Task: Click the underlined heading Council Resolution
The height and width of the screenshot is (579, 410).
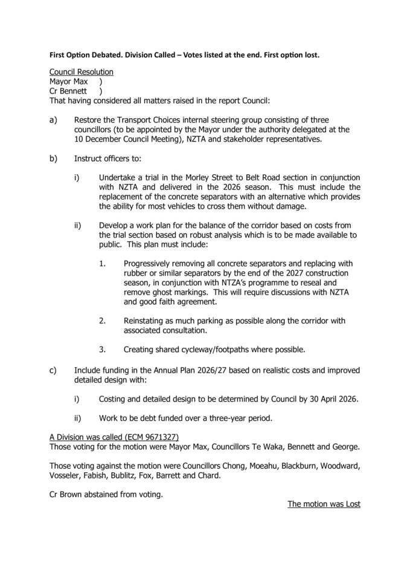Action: pos(81,72)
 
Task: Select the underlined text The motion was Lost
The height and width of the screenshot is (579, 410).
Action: pos(324,504)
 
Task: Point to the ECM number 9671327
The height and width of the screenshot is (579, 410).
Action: pos(160,437)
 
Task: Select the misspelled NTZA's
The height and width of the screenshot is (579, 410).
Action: pos(242,282)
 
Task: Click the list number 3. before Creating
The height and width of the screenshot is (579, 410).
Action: pos(103,349)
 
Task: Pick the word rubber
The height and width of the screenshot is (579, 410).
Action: pos(137,273)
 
